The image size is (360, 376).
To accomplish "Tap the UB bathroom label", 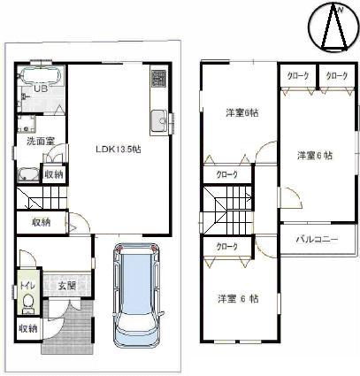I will coord(40,89).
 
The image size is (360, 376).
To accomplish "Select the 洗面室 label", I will coord(39,141).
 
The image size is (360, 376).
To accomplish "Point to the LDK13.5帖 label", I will coord(118,149).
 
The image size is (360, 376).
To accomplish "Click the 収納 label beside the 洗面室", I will coord(54,174).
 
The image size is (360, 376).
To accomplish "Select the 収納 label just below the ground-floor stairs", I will coord(40,222).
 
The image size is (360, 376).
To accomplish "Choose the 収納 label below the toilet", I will coord(28,328).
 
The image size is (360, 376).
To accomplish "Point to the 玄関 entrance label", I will coord(67,285).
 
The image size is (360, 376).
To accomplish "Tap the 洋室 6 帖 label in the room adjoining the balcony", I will coord(314,156).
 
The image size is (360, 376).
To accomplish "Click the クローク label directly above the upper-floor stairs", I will coord(227,175).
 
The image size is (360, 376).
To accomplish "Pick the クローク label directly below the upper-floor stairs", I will coord(226,246).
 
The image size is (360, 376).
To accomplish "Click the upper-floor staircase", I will coord(218,212).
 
